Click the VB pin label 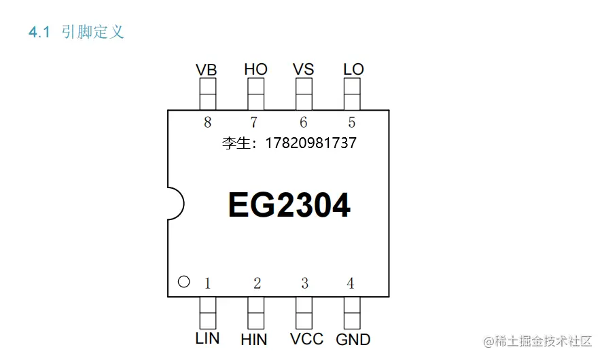[x=207, y=69]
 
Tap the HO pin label [x=255, y=69]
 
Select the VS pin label [x=303, y=69]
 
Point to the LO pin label [x=353, y=69]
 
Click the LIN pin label [x=207, y=338]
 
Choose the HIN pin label [x=254, y=339]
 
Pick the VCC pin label [x=303, y=338]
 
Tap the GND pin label [x=353, y=339]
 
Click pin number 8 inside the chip [x=207, y=122]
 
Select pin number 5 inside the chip [x=351, y=122]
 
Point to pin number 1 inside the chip [x=208, y=283]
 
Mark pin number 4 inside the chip [x=351, y=283]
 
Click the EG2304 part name [x=289, y=205]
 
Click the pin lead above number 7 [x=255, y=94]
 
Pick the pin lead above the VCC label [x=304, y=312]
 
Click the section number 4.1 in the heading [x=39, y=32]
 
